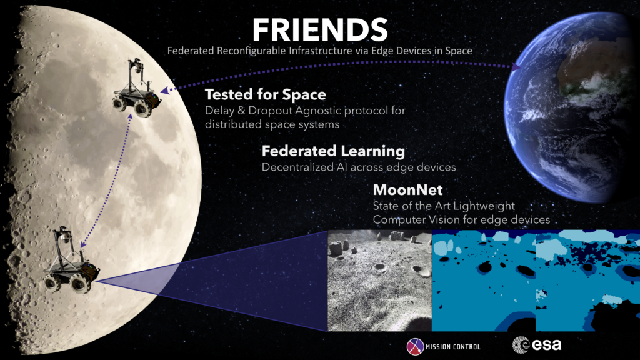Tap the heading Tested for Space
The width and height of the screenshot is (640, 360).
pos(266,95)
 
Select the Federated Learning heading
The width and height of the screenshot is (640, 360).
pos(333,151)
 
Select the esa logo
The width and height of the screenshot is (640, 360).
pos(537,344)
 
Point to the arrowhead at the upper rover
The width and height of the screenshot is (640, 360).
pos(164,91)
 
